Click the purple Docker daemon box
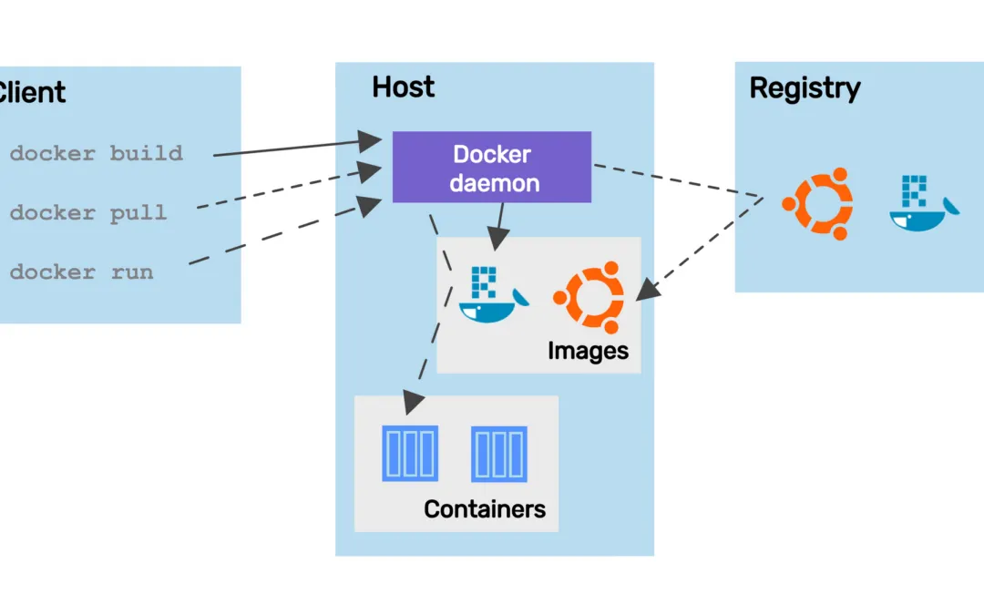[x=491, y=167]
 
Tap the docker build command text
[x=96, y=153]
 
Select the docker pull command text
[x=88, y=213]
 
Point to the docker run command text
[x=81, y=272]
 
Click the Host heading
[x=403, y=87]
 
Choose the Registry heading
[x=805, y=88]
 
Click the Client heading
[x=31, y=92]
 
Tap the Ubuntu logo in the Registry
[x=817, y=204]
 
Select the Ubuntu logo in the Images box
[x=589, y=297]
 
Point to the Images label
[x=588, y=351]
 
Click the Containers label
[x=485, y=508]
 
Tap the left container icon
[x=410, y=453]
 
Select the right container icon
[x=499, y=454]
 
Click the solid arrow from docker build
[x=292, y=148]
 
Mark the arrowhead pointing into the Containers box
[x=413, y=399]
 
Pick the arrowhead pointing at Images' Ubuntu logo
[x=647, y=290]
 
